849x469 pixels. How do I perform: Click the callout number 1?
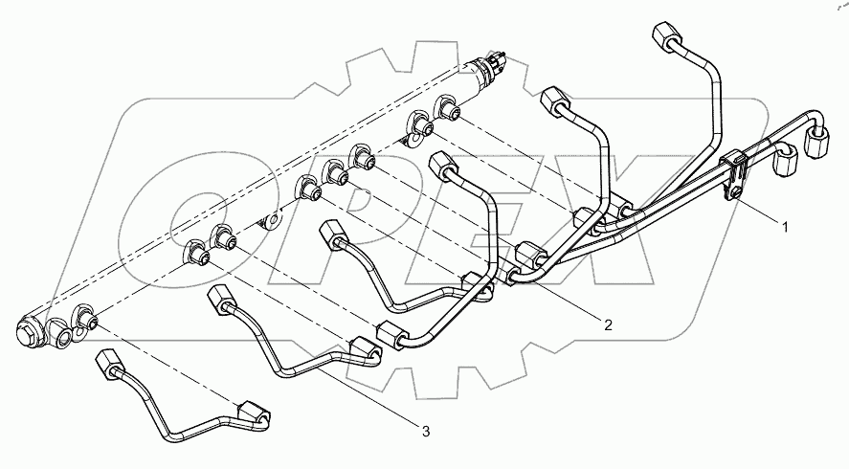[x=786, y=227]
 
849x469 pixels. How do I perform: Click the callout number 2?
[x=608, y=324]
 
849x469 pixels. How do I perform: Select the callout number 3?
[x=425, y=432]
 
